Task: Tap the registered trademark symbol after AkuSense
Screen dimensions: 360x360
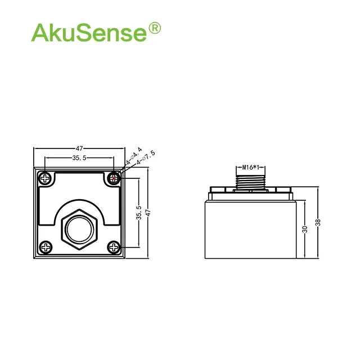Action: pos(154,28)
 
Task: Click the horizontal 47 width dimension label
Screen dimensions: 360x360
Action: pos(80,148)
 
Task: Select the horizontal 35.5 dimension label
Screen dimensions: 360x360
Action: pos(79,158)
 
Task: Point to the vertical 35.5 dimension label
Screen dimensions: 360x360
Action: pos(139,213)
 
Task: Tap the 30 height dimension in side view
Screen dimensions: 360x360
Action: pos(304,229)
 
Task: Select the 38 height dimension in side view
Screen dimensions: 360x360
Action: pos(318,222)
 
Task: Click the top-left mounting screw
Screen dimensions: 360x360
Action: pos(46,179)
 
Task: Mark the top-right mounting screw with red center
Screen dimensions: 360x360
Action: pos(115,179)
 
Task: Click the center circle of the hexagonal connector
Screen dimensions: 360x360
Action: pos(80,229)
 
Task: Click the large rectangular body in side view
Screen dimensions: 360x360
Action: pos(250,231)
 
